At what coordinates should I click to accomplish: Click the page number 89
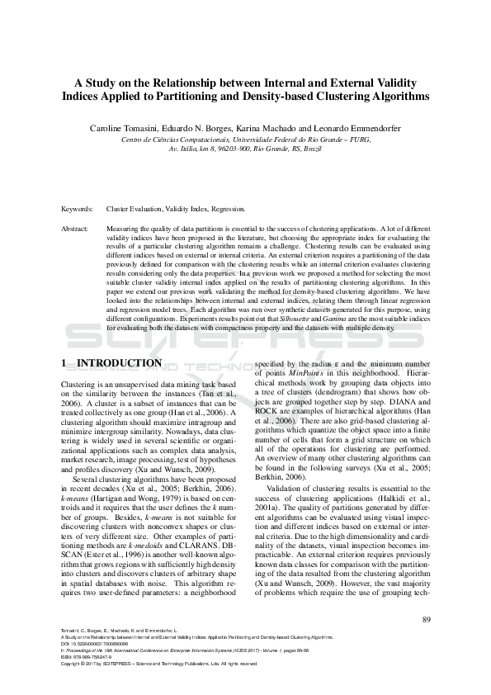(x=425, y=621)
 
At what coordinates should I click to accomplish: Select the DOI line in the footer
(x=94, y=644)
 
